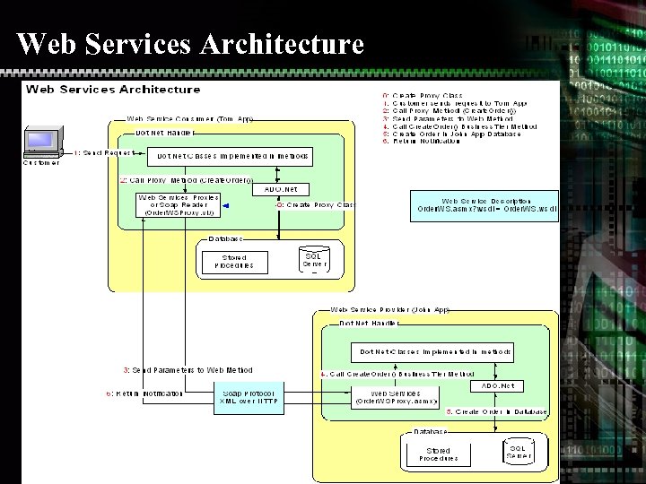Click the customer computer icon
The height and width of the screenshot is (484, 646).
tap(40, 143)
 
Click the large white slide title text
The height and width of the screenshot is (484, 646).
tap(190, 43)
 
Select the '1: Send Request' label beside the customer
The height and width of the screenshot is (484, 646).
tap(103, 153)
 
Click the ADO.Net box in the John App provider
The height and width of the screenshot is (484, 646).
tap(496, 385)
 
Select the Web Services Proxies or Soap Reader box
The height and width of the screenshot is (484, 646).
tap(178, 205)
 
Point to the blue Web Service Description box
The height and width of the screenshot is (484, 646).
tap(484, 205)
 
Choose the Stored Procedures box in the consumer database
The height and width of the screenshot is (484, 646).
tap(234, 262)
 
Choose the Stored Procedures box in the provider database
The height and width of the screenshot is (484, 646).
tap(438, 454)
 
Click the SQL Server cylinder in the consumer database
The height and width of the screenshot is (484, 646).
tap(314, 260)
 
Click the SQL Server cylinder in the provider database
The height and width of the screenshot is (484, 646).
tap(518, 452)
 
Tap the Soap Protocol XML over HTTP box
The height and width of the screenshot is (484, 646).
tap(248, 397)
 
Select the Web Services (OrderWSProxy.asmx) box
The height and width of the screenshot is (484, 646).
tap(396, 397)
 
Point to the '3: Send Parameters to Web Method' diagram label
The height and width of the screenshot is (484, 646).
tap(188, 370)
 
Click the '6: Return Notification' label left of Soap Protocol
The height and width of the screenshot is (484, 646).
tap(144, 393)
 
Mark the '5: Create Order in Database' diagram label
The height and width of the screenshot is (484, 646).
tap(496, 412)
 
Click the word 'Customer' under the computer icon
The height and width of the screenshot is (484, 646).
tap(41, 162)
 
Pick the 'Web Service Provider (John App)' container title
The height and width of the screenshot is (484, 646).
tap(390, 310)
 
